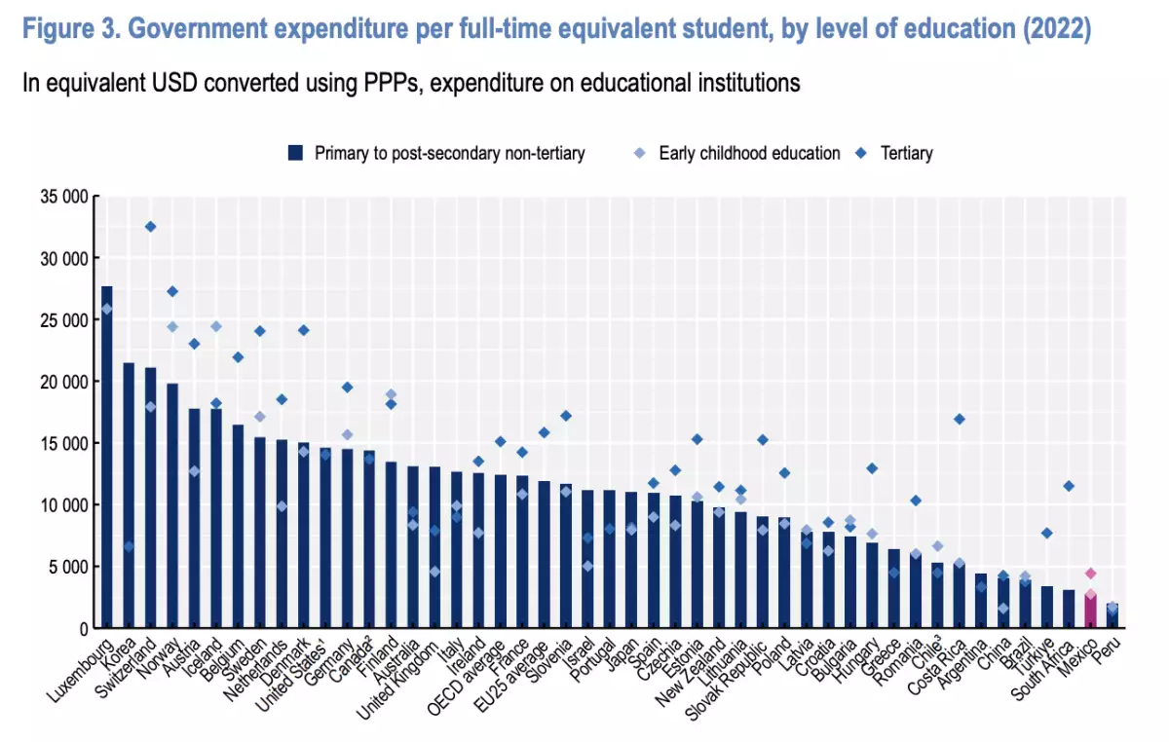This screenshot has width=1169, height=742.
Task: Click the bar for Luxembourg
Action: [x=107, y=458]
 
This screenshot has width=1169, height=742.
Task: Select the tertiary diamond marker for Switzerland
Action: [x=150, y=227]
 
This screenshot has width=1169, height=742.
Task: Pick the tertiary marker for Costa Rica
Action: [x=960, y=420]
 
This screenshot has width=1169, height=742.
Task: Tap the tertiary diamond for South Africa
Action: [x=1069, y=486]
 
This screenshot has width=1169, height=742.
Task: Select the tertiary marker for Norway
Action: [x=172, y=291]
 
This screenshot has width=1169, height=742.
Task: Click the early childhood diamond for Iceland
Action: [x=216, y=326]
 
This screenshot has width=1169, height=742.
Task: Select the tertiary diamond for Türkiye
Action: [x=1047, y=534]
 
